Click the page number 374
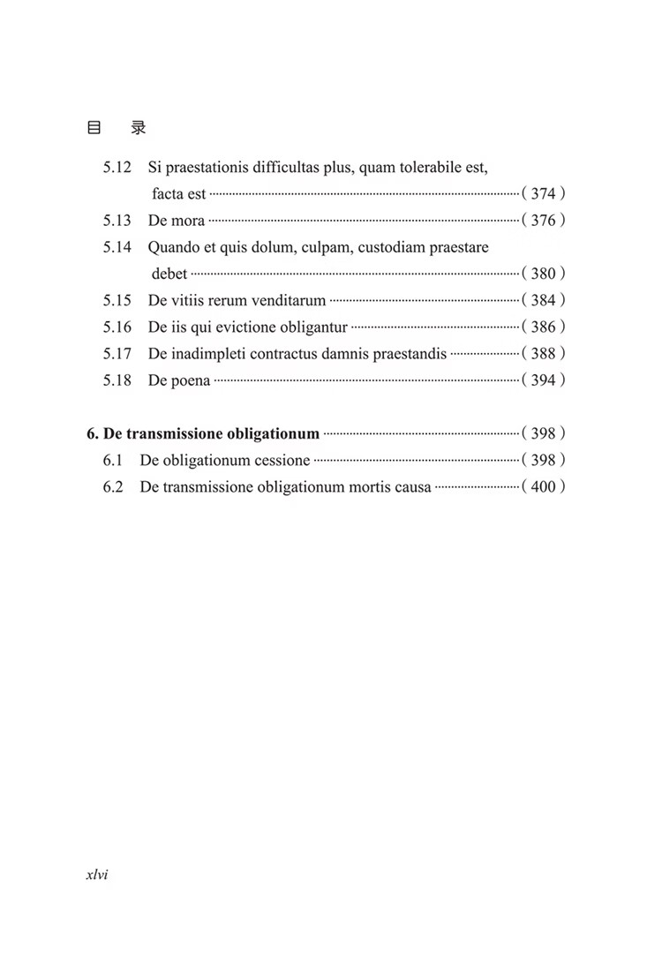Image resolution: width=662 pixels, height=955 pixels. [543, 194]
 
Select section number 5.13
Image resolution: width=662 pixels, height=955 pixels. [117, 221]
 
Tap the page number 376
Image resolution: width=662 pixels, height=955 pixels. [543, 221]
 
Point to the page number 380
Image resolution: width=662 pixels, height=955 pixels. [543, 274]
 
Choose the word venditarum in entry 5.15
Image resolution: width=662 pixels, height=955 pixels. [289, 301]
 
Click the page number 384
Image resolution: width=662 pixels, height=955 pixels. [543, 301]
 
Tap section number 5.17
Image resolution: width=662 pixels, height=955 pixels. [117, 354]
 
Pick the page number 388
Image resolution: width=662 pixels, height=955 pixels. [543, 354]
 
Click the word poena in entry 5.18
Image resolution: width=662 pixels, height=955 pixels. [191, 381]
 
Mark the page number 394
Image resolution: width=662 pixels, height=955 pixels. [543, 380]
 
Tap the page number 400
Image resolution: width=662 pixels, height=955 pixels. [543, 486]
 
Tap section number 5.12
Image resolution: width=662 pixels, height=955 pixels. [117, 168]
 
